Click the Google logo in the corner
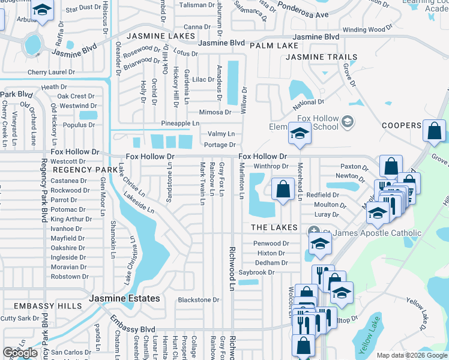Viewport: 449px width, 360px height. coord(20,353)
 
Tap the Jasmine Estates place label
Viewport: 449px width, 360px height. coord(124,298)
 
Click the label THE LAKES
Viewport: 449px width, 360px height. coord(274,227)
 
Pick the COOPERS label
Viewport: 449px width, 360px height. coord(402,125)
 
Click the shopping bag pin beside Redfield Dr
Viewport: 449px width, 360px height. coord(283,190)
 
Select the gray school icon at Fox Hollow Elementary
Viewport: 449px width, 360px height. coord(347,122)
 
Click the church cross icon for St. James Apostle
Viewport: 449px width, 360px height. coord(313,232)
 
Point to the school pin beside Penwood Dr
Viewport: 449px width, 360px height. coord(321,244)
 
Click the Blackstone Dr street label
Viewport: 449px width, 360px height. coord(199,300)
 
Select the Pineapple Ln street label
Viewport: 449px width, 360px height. coord(180,123)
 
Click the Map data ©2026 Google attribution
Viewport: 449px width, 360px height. coord(412,355)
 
